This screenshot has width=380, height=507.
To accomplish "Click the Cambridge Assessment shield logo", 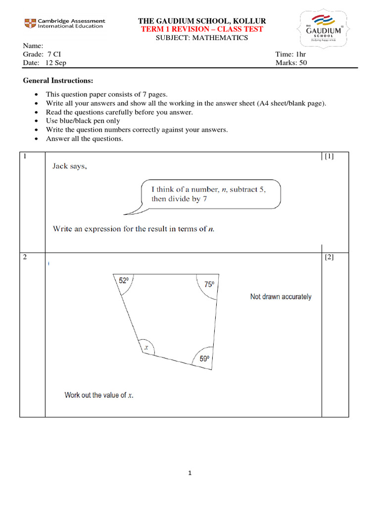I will [x=30, y=23].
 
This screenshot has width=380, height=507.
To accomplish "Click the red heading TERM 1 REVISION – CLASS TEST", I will [x=202, y=29].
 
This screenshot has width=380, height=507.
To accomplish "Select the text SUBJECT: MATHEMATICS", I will [x=202, y=38].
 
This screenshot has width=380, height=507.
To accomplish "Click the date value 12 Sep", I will [x=56, y=63].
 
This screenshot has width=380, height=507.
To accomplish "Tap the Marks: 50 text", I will [x=291, y=63].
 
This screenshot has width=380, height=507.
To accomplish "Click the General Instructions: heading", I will [x=58, y=81].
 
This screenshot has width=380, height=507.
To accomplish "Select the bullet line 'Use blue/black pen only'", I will [x=83, y=121].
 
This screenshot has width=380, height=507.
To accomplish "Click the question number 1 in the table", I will [x=25, y=156].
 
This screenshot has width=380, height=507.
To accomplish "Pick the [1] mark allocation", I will [x=329, y=156].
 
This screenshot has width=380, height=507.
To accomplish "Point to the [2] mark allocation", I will [x=329, y=257].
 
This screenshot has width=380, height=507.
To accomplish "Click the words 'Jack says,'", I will [x=70, y=166].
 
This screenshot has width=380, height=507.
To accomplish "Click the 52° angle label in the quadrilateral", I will [x=124, y=281].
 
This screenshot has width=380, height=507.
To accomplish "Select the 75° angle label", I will [x=209, y=285].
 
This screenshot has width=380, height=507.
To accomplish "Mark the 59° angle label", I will [x=204, y=359].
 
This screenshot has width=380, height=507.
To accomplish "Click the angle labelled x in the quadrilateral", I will [x=146, y=348].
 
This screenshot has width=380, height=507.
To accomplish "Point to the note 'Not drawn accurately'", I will [x=281, y=297].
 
